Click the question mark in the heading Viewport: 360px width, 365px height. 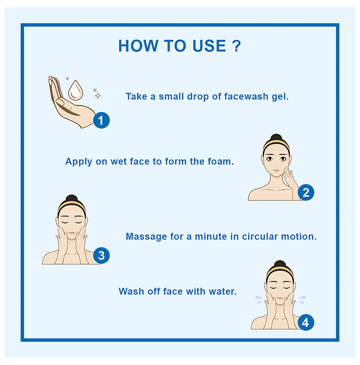point(236,46)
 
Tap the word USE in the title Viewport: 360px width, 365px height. point(209,46)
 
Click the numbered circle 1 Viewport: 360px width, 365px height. point(101,120)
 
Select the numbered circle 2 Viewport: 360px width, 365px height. point(306,192)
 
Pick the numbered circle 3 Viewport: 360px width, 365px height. point(101,256)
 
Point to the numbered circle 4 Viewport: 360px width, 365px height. point(306,322)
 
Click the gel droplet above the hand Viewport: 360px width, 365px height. point(76,91)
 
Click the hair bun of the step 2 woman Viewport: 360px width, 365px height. point(277,137)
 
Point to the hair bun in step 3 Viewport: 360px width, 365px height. point(71,198)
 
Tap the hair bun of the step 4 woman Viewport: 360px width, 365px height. point(280,264)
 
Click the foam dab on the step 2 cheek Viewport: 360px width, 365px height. point(286,167)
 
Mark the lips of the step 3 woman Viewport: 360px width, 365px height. point(71,233)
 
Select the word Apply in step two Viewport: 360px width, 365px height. point(79,162)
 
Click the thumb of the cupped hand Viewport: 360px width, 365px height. point(60,102)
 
